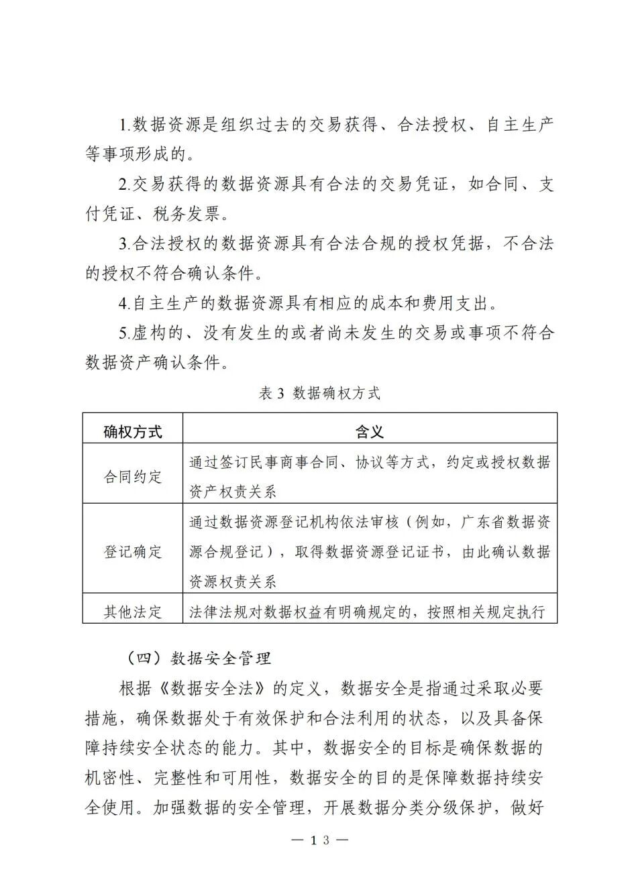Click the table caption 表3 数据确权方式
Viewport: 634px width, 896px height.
[x=319, y=394]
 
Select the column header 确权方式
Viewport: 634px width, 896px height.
[x=133, y=431]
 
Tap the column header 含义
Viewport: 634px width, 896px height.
[x=370, y=431]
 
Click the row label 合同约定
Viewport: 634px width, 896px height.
[x=133, y=477]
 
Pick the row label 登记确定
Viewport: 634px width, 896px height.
[x=133, y=552]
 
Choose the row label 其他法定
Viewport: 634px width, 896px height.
[x=133, y=612]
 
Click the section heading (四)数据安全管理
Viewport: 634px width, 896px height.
[x=199, y=659]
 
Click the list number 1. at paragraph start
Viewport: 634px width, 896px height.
[x=125, y=125]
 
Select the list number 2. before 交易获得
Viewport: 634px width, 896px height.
[x=125, y=185]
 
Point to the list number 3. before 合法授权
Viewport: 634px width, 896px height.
[x=125, y=244]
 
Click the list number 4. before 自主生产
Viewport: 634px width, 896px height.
[x=125, y=304]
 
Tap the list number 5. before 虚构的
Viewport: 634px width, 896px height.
[x=125, y=333]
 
